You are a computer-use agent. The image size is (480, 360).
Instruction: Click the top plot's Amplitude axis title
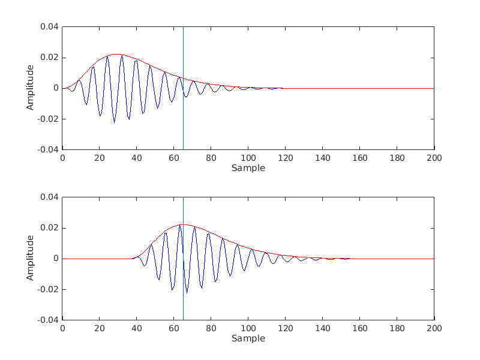pos(30,88)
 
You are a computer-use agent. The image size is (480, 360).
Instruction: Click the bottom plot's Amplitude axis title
pos(30,259)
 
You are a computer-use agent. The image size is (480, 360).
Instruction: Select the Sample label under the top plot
pos(248,168)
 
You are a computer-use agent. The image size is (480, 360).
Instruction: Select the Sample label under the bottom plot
pos(248,338)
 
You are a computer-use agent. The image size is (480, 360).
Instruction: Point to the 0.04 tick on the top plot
pos(50,27)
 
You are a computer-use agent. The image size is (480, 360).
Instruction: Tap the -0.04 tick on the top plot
pos(48,149)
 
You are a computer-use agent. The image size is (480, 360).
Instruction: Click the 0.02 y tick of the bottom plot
pos(50,228)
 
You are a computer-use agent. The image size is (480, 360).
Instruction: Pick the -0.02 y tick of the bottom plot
pos(48,289)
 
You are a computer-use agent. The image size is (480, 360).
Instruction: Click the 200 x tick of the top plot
pos(434,158)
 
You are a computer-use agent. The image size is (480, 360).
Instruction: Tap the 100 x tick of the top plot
pos(248,158)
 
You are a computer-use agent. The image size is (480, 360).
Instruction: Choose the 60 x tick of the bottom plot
pos(174,328)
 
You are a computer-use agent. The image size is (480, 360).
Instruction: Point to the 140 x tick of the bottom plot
pos(322,328)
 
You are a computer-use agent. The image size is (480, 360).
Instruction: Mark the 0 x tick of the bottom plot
pos(62,328)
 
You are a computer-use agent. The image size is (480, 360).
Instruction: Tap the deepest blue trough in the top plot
pos(115,122)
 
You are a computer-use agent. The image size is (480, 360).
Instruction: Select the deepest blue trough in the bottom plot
pos(187,292)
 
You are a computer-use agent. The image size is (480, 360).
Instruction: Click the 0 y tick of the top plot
pos(56,88)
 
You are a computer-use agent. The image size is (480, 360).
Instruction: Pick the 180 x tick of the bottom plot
pos(397,328)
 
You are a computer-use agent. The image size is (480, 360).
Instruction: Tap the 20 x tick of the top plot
pos(100,158)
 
